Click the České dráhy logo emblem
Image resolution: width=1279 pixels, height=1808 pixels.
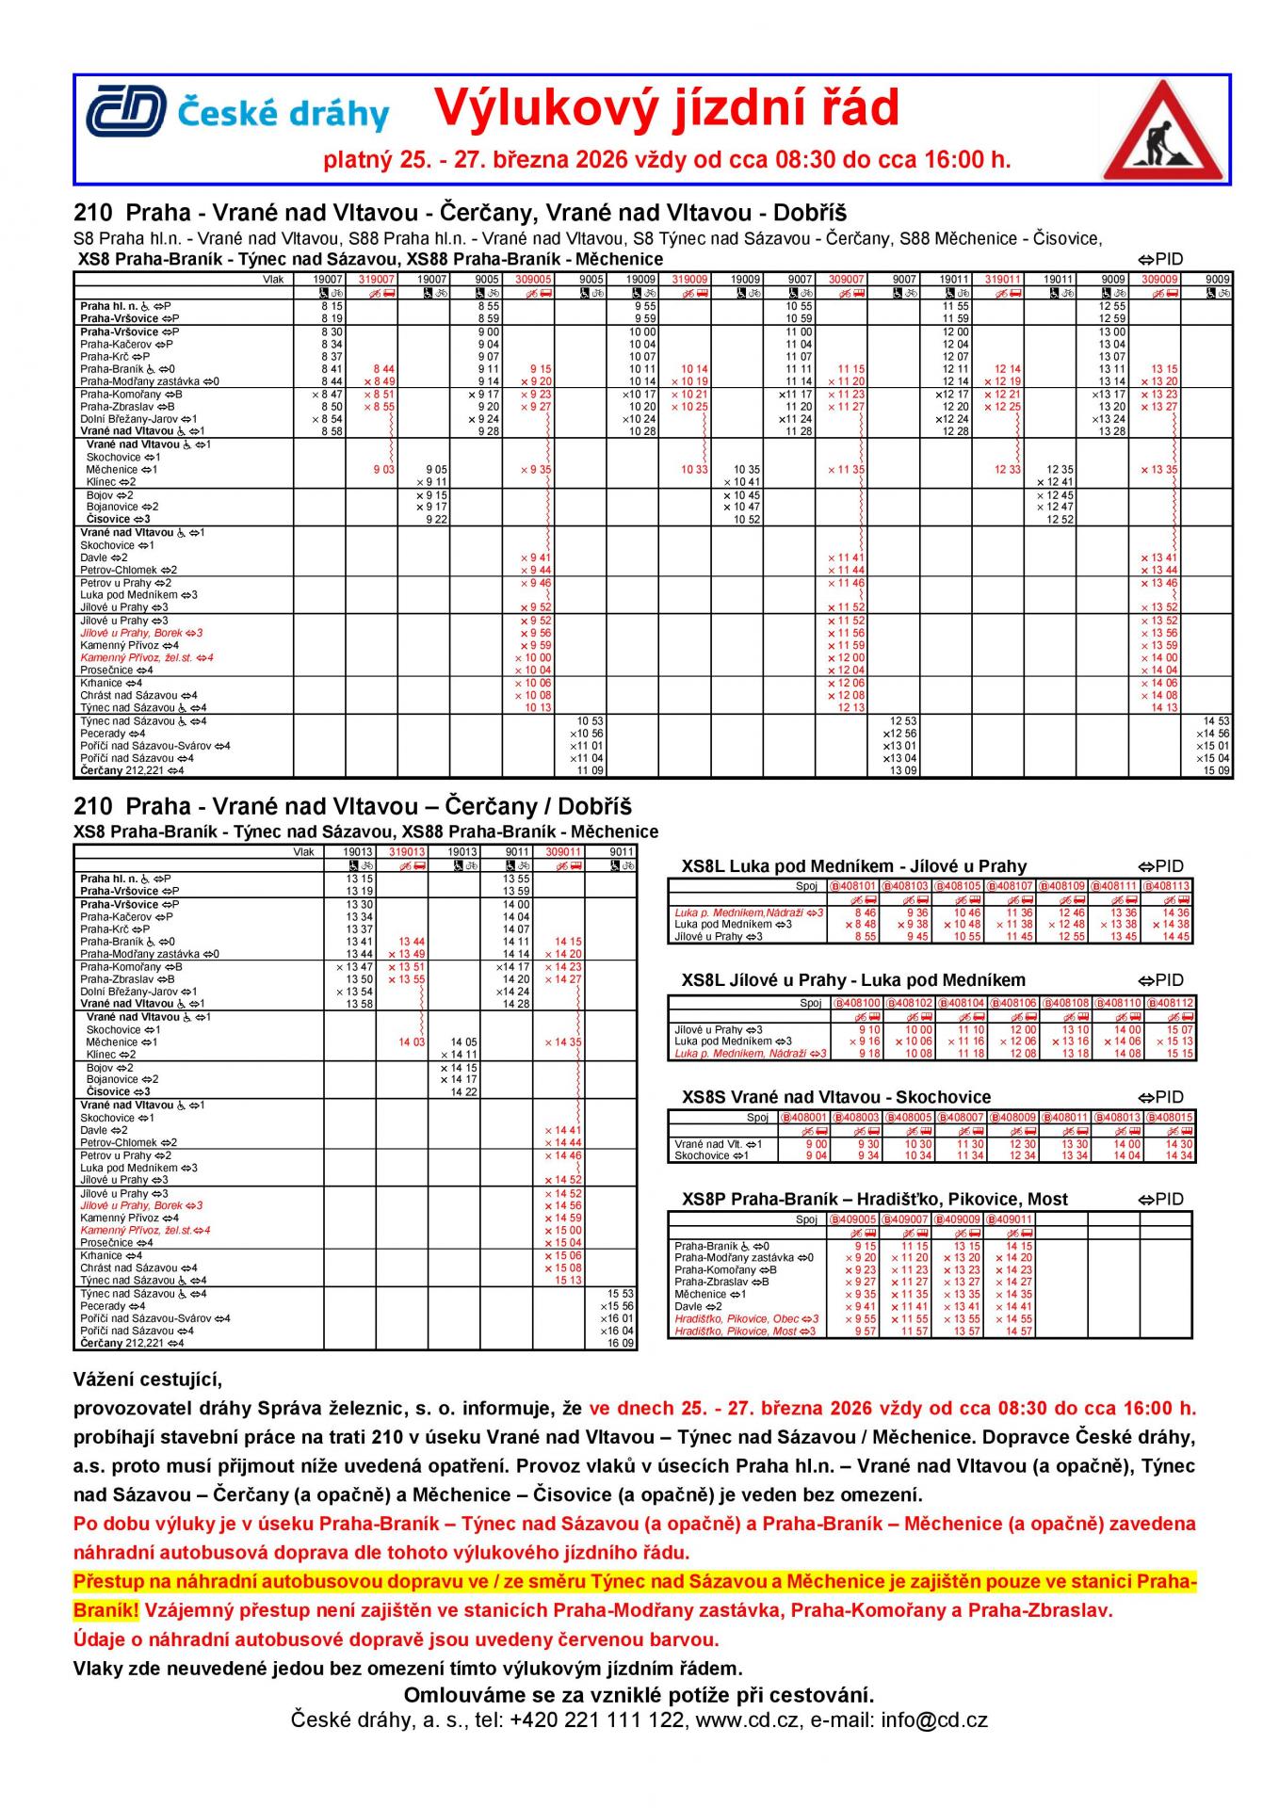pos(126,110)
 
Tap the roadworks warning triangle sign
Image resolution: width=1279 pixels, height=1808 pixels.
pos(1164,132)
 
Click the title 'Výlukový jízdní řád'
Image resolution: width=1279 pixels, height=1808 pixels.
pos(666,108)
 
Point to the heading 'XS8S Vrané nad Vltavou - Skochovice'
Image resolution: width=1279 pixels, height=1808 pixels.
pos(835,1097)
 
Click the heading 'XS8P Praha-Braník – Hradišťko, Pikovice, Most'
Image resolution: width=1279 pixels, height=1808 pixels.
pos(874,1200)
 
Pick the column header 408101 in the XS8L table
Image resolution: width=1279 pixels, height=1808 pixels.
pos(853,886)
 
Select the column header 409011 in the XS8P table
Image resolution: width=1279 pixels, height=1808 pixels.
pos(1010,1219)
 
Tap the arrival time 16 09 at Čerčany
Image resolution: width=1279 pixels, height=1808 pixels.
pos(622,1344)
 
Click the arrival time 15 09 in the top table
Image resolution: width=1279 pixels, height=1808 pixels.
pos(1217,770)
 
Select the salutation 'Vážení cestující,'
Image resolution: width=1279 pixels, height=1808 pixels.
pos(148,1381)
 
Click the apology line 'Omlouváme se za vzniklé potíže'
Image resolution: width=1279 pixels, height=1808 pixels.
pos(639,1695)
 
